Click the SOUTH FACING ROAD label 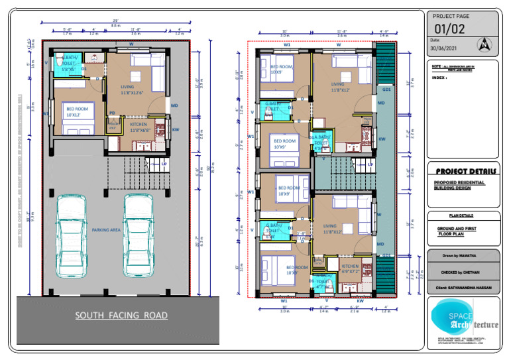point(121,316)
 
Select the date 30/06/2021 point(444,48)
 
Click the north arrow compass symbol point(486,45)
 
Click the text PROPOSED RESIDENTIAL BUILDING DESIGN point(459,185)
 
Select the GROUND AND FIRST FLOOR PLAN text point(455,231)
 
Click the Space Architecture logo point(464,320)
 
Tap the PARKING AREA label point(106,229)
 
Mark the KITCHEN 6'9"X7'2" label point(351,269)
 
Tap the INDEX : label point(439,78)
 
